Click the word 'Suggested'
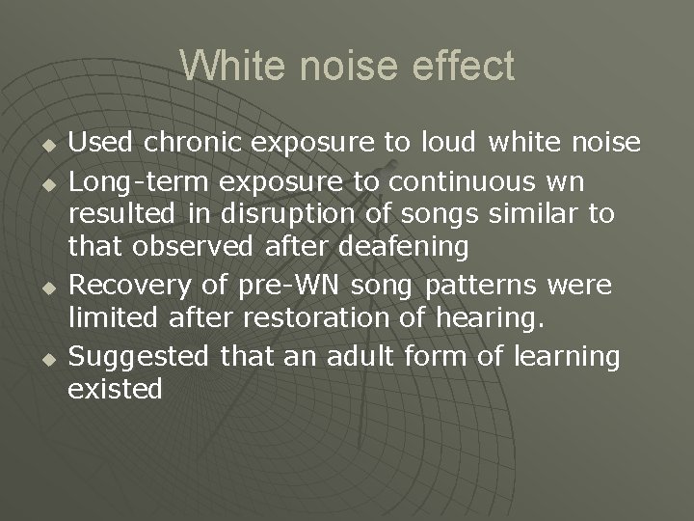(139, 356)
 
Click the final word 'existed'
(115, 390)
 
